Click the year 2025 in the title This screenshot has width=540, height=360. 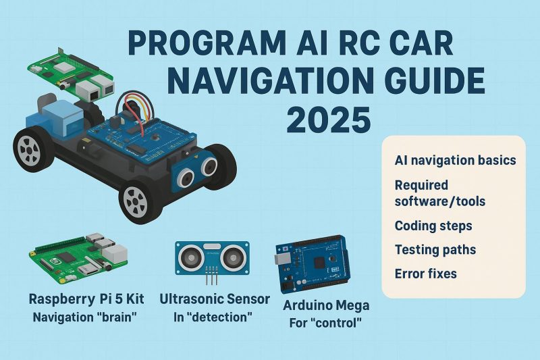pos(329,120)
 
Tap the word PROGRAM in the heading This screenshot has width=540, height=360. pos(207,44)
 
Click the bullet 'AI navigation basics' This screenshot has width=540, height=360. pos(455,160)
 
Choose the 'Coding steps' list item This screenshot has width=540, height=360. pos(433,226)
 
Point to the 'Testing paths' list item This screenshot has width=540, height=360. pos(435,250)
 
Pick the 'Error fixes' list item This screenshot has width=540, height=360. pos(426,274)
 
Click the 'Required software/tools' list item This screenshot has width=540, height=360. pos(440,193)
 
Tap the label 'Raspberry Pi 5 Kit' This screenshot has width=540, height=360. pos(86,299)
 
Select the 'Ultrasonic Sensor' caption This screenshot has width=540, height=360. pos(215,299)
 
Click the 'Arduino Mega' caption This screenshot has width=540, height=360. pos(326,305)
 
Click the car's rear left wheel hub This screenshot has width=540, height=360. pos(28,149)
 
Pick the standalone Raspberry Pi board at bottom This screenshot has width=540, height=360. pos(78,258)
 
